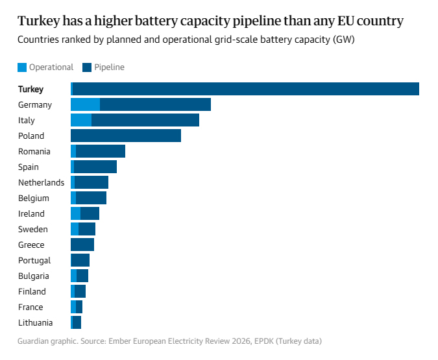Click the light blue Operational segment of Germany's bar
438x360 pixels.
86,104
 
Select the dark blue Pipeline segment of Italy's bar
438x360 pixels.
145,120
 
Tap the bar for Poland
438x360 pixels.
126,136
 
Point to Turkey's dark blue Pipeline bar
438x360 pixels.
246,89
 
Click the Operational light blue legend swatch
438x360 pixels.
22,67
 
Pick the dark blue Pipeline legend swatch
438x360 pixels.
87,67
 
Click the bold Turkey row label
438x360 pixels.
30,90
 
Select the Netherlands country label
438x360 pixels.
41,183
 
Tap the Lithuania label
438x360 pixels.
35,323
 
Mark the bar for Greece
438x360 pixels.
82,245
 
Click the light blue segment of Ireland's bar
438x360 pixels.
76,213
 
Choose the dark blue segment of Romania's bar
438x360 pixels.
101,151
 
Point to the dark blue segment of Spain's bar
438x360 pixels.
95,167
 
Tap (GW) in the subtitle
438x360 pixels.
343,40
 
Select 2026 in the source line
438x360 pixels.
241,341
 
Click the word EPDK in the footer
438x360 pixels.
264,341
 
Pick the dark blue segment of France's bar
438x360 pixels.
79,307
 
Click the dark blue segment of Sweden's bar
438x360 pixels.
87,229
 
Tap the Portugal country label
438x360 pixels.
34,261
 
